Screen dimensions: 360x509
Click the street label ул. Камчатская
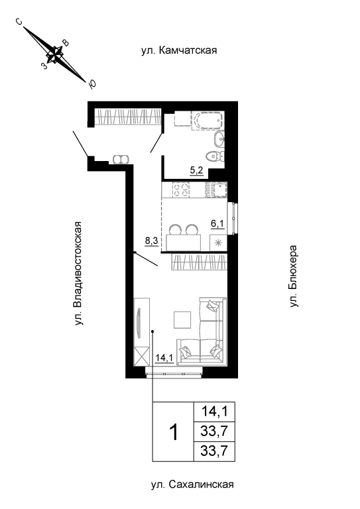179,50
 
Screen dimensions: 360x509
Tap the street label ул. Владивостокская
78,273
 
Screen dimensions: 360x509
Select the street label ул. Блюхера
294,276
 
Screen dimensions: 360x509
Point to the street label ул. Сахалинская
192,484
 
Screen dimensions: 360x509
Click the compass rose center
54,54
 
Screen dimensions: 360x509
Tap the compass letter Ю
92,84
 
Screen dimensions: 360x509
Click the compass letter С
19,22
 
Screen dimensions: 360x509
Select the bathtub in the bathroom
208,121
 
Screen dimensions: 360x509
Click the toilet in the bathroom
215,156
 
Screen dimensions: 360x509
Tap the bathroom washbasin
219,140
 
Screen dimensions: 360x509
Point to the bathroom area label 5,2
197,170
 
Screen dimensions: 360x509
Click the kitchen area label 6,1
217,223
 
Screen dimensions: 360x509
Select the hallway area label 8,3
151,241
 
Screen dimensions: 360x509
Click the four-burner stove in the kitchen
181,190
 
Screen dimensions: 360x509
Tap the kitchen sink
216,190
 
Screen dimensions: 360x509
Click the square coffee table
182,319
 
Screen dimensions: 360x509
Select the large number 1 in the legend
174,432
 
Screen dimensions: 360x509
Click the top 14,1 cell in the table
215,412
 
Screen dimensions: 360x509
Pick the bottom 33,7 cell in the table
215,451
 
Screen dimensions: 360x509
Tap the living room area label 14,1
164,358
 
